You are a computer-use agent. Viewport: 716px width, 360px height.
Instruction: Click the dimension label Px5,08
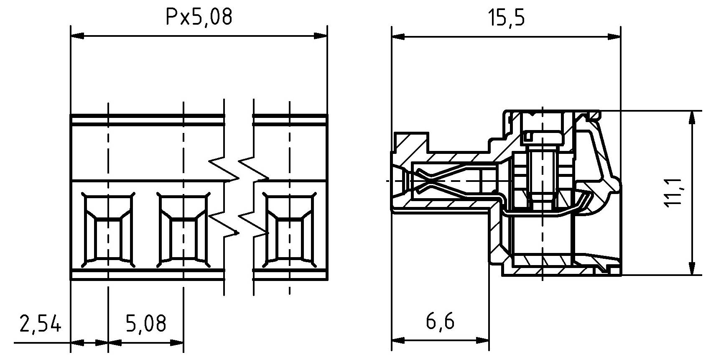pos(199,18)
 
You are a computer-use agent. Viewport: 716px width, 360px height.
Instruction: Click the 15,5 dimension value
pos(507,18)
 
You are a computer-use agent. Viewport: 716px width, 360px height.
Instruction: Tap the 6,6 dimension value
pos(440,322)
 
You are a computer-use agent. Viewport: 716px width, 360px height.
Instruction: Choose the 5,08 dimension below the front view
pos(146,323)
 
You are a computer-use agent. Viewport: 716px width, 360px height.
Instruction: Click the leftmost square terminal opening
pos(108,230)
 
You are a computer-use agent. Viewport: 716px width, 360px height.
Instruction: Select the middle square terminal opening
pos(183,230)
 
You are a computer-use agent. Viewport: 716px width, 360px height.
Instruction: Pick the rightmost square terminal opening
pos(289,230)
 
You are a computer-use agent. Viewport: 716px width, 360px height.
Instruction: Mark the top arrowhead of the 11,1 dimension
pos(693,117)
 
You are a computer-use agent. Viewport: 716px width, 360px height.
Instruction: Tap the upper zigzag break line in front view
pos(238,169)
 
